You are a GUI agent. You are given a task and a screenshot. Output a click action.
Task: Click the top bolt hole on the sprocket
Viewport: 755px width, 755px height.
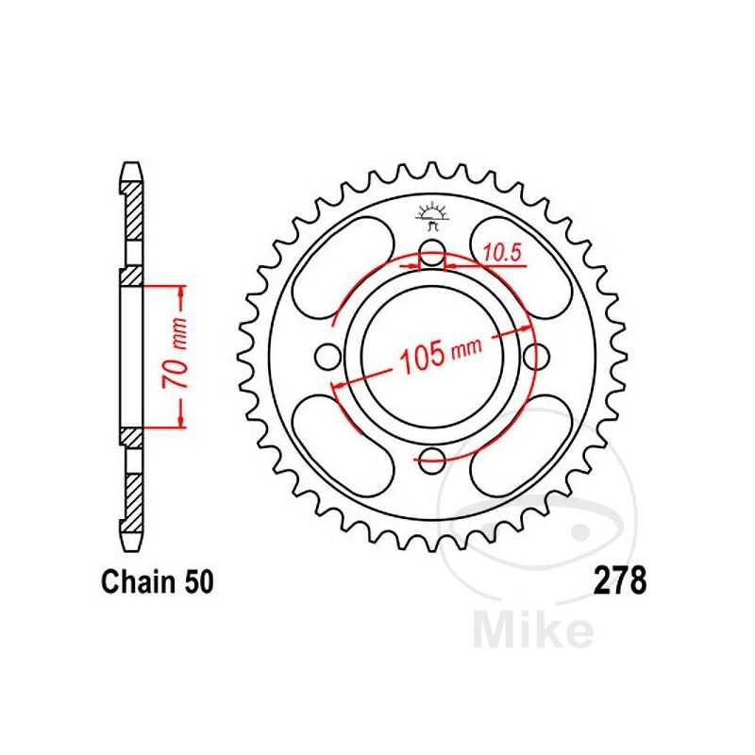[x=432, y=253]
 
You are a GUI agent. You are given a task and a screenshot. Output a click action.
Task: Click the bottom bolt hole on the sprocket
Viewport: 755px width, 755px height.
[x=432, y=461]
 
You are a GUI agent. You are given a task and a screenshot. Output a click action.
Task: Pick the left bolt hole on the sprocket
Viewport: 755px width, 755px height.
[x=328, y=357]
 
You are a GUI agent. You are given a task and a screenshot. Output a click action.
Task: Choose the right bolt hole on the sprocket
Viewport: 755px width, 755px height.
[x=536, y=357]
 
